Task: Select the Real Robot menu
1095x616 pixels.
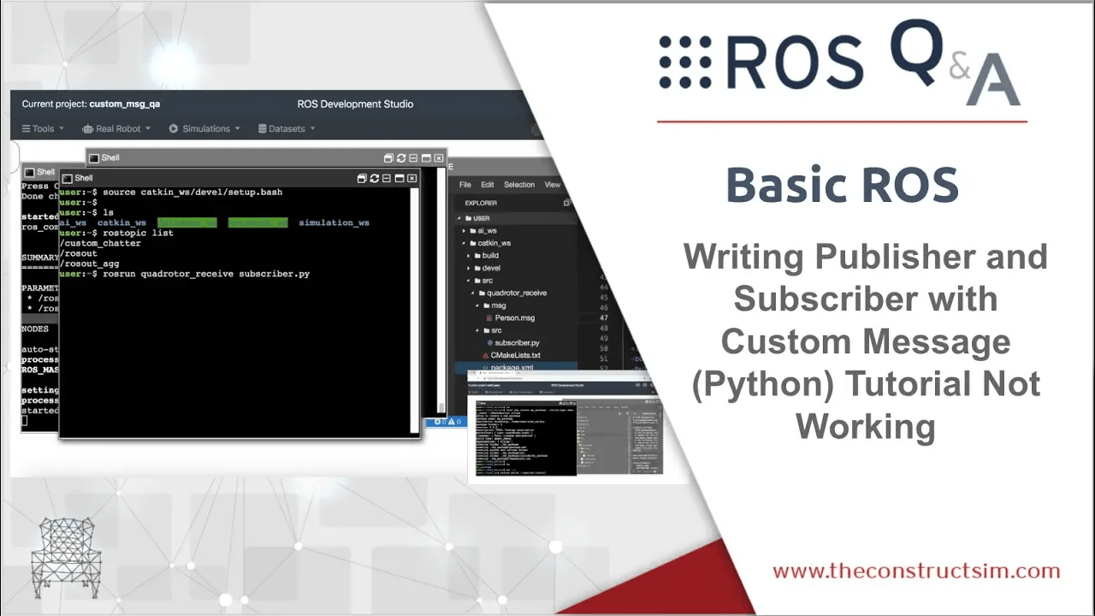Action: click(117, 129)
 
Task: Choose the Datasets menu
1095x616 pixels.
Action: click(287, 129)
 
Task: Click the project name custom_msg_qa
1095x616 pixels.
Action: click(125, 104)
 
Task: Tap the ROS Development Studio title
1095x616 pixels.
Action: click(355, 104)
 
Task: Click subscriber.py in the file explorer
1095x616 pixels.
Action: click(517, 343)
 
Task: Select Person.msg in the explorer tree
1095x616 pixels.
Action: click(514, 318)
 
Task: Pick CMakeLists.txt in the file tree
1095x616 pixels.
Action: click(515, 355)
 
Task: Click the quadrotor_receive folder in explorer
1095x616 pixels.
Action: click(516, 293)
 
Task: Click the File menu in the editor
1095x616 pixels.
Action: click(465, 185)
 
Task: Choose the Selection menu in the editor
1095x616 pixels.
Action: click(518, 185)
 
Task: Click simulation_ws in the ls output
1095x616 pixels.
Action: click(334, 223)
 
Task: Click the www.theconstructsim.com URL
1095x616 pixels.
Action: click(916, 571)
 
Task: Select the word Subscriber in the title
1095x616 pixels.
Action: click(865, 299)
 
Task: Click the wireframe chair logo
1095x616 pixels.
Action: click(66, 557)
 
